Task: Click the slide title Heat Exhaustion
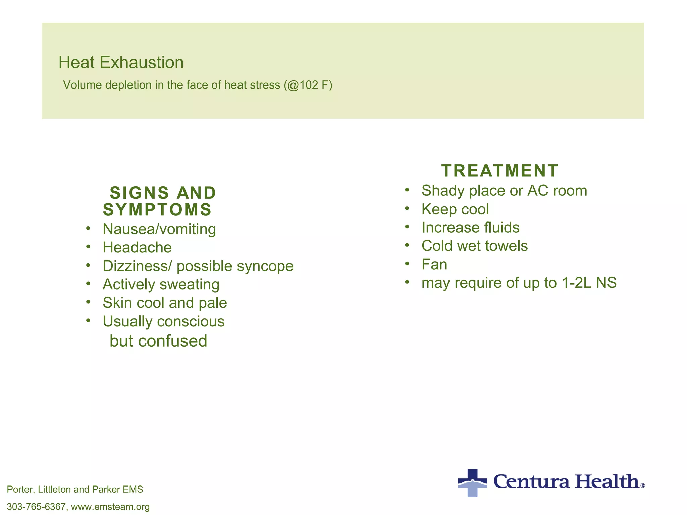[x=121, y=63]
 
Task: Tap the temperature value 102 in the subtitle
[x=309, y=85]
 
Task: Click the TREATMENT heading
[x=499, y=171]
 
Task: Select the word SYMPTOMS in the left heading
[x=157, y=210]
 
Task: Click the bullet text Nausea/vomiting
[x=159, y=229]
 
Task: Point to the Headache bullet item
[x=137, y=248]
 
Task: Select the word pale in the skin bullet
[x=213, y=303]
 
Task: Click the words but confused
[x=158, y=341]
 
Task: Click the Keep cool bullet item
[x=455, y=209]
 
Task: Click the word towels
[x=506, y=246]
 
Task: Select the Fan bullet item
[x=434, y=265]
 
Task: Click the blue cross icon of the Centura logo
[x=472, y=483]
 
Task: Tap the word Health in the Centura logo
[x=607, y=482]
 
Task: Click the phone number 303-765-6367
[x=36, y=507]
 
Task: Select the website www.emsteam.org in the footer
[x=110, y=507]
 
